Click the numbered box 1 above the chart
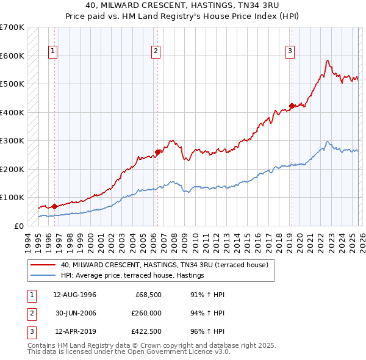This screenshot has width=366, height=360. (x=54, y=51)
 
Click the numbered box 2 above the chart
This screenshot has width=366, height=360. (x=157, y=51)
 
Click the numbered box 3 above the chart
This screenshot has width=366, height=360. (x=290, y=51)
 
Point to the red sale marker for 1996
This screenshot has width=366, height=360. (x=54, y=206)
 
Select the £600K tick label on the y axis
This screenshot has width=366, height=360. (x=12, y=56)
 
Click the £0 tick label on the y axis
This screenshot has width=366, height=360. (x=19, y=226)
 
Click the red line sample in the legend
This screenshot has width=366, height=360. (x=42, y=265)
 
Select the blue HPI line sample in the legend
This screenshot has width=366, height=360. (x=42, y=276)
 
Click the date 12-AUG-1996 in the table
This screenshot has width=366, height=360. (x=74, y=295)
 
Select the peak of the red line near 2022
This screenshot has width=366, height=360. (x=328, y=60)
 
